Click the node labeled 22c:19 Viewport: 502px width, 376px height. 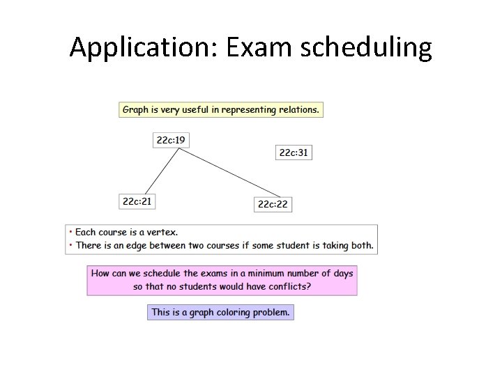coord(171,140)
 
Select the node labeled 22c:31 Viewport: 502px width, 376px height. coord(294,152)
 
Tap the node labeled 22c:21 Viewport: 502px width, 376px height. coord(137,201)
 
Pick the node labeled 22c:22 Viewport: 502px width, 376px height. coord(272,204)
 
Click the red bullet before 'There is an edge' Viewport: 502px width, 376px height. coord(70,245)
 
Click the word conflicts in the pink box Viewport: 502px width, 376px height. coord(287,286)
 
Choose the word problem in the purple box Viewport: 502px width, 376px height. coord(271,312)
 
